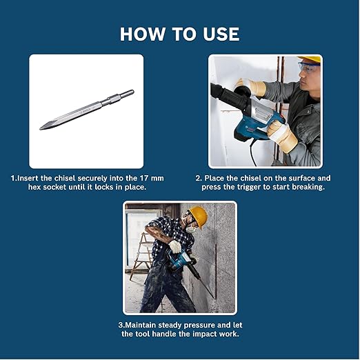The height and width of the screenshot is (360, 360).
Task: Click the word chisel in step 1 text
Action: click(x=61, y=178)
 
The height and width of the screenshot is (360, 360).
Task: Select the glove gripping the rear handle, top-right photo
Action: click(x=281, y=135)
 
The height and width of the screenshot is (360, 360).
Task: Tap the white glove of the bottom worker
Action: click(x=174, y=246)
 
